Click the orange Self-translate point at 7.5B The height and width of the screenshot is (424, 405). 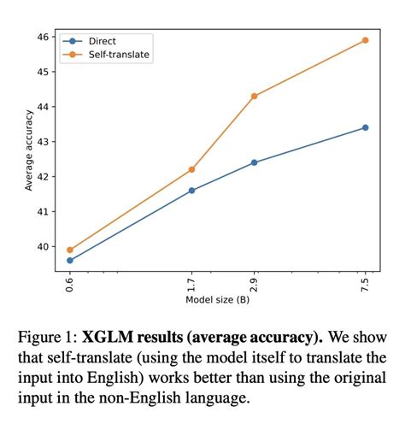(x=365, y=40)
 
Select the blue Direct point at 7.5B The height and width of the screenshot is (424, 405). (x=365, y=127)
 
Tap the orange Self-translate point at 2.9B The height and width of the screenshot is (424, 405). (x=255, y=96)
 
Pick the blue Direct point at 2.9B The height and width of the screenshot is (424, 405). (x=255, y=162)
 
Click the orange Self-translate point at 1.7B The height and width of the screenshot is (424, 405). (x=191, y=169)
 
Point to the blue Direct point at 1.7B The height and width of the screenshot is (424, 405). (x=191, y=191)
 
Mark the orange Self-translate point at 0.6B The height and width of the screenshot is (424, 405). (x=69, y=250)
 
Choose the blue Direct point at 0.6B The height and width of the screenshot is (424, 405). (x=69, y=261)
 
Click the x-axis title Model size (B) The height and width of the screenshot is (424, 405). (x=217, y=300)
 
